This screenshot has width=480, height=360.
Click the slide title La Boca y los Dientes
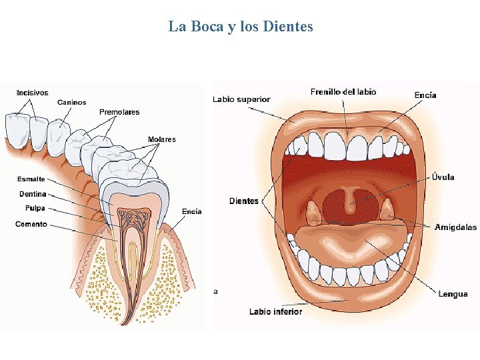(x=240, y=27)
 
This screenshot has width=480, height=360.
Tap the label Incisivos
(x=32, y=93)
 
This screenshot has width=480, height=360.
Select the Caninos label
(x=71, y=102)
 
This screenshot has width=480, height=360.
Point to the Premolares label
(x=119, y=112)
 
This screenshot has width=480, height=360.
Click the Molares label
(x=161, y=139)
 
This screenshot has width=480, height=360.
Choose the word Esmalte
(x=31, y=179)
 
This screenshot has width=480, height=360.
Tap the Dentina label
(x=33, y=194)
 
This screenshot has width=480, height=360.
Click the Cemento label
(x=31, y=224)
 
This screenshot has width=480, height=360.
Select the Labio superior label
(x=241, y=99)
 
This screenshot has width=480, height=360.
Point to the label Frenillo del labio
(x=343, y=92)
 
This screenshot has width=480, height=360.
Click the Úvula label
(x=443, y=177)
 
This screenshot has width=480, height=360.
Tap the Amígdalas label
(x=455, y=227)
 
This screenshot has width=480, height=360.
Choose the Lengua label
(x=453, y=294)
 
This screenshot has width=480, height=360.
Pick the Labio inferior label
(x=275, y=311)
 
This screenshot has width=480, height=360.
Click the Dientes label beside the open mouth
(x=244, y=201)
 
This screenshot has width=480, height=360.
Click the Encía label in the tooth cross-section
(x=192, y=211)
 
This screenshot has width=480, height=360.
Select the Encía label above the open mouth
(x=425, y=95)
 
